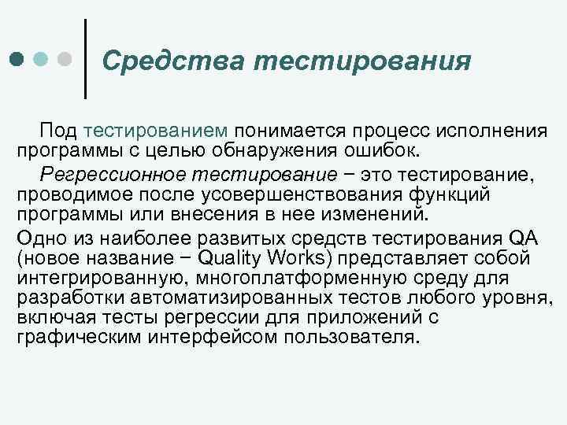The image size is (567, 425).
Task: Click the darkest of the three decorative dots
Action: click(17, 60)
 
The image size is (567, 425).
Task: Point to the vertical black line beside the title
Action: click(85, 60)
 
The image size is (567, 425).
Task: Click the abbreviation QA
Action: click(523, 238)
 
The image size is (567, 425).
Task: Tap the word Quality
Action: click(233, 258)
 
